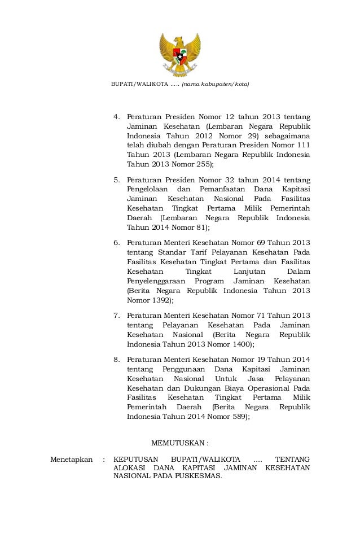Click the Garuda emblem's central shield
(x=180, y=57)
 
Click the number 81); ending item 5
(x=200, y=228)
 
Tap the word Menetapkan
(x=71, y=460)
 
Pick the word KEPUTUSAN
(x=136, y=460)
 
